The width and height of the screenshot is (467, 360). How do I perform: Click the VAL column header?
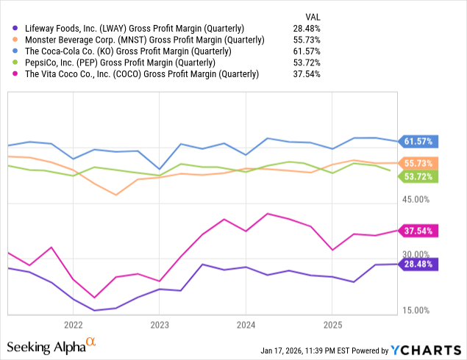312,16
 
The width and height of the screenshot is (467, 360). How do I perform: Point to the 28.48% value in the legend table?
306,28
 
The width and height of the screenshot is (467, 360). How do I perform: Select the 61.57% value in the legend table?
306,51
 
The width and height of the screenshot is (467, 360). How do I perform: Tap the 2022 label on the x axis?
73,324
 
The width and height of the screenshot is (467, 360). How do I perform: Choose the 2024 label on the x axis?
246,324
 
